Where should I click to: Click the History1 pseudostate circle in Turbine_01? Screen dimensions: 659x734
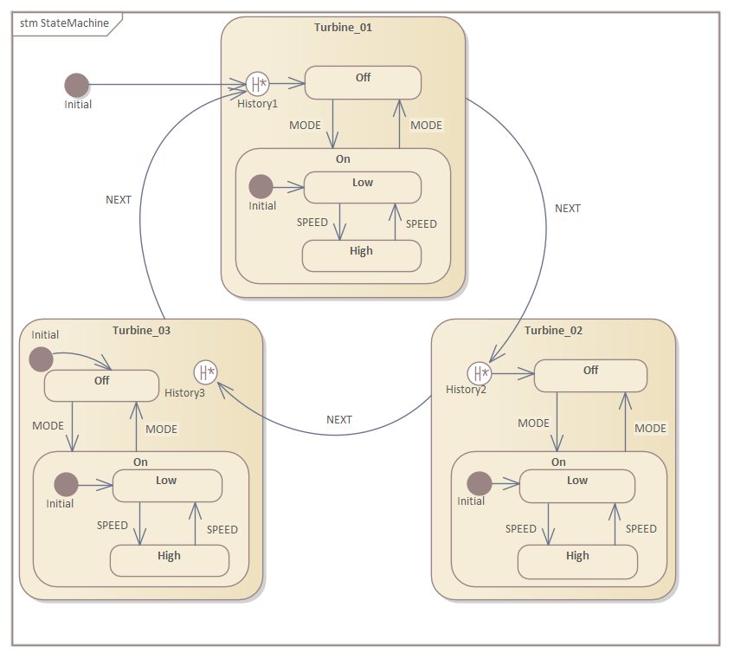tap(257, 84)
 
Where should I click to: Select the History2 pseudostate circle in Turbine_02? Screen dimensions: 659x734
tap(479, 373)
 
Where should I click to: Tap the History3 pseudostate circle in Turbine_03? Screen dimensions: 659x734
tap(206, 372)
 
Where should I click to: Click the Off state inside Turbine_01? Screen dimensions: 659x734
tap(363, 82)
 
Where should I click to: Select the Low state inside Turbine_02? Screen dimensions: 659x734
tap(576, 486)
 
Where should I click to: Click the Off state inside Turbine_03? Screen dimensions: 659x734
tap(101, 385)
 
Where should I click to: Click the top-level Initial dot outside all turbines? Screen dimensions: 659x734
tap(77, 85)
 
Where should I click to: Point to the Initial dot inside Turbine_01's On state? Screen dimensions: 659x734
tap(261, 186)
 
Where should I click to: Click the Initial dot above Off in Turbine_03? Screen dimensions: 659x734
tap(41, 358)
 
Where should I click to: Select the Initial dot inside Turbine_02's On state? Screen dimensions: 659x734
tap(479, 483)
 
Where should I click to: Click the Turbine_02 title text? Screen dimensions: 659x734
tap(553, 330)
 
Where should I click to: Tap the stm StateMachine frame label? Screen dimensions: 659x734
tap(65, 23)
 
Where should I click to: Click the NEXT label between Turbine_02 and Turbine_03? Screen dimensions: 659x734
tap(339, 419)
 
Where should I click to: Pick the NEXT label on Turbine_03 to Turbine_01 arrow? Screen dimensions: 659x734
tap(119, 199)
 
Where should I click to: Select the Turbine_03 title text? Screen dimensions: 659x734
tap(141, 330)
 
